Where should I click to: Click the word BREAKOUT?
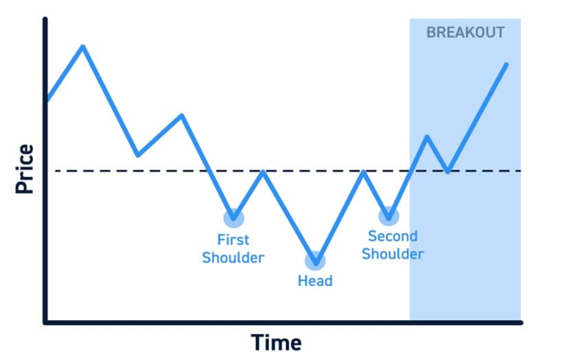[466, 32]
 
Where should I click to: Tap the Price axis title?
[25, 169]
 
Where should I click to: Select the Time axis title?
[276, 342]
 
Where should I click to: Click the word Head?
[315, 280]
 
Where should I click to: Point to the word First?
[233, 240]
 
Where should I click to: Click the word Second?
[393, 236]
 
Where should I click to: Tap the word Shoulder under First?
[233, 258]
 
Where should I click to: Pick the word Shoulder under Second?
[393, 254]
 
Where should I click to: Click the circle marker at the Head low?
[315, 261]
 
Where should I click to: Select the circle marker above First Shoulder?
[233, 218]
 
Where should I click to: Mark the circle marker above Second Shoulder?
[389, 216]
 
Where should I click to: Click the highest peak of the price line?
[83, 46]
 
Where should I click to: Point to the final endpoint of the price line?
[507, 65]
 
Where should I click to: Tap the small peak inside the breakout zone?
[427, 137]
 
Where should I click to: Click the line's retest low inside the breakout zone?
[448, 172]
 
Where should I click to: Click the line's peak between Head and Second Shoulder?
[364, 172]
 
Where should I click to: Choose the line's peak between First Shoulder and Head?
[263, 172]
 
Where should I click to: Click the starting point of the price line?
[48, 100]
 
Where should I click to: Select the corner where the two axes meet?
[45, 323]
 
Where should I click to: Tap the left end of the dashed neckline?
[56, 171]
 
